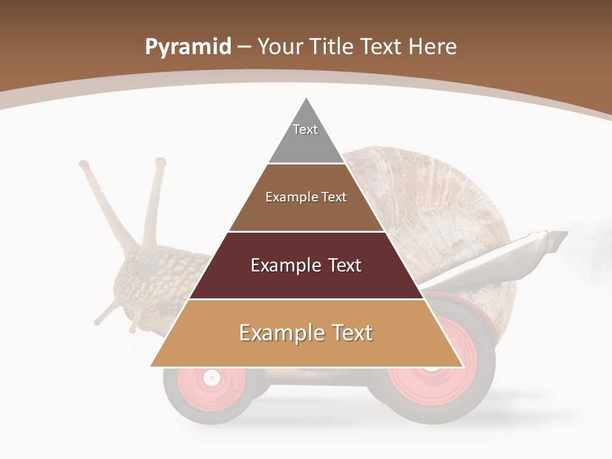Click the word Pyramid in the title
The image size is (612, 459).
(x=188, y=47)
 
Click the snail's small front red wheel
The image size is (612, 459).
(x=210, y=379)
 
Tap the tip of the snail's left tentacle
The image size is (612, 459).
(x=84, y=164)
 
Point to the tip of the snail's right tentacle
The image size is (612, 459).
(x=160, y=163)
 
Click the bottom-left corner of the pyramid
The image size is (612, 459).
(x=151, y=366)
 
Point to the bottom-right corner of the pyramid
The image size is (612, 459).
(x=462, y=366)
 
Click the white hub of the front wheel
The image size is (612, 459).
(x=210, y=379)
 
